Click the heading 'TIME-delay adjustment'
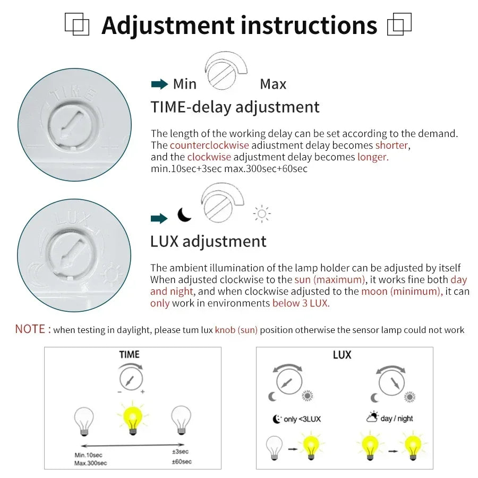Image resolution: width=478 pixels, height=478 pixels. [x=235, y=107]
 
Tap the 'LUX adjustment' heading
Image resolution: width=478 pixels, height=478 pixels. [x=208, y=242]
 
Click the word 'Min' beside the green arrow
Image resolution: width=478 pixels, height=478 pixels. [x=184, y=84]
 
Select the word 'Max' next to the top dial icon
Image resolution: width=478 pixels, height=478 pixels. [x=273, y=84]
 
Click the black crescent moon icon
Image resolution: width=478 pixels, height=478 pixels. [x=184, y=215]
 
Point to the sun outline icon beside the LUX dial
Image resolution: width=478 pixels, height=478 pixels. [x=262, y=214]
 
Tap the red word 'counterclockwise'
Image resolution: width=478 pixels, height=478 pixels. [x=209, y=146]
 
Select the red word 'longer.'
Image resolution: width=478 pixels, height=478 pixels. [x=373, y=157]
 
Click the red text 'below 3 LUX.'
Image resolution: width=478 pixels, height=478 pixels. [x=301, y=303]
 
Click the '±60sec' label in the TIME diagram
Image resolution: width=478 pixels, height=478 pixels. [x=182, y=462]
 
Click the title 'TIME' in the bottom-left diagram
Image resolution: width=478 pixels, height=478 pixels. [x=130, y=355]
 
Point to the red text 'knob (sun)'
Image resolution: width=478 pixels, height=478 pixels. [x=236, y=330]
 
